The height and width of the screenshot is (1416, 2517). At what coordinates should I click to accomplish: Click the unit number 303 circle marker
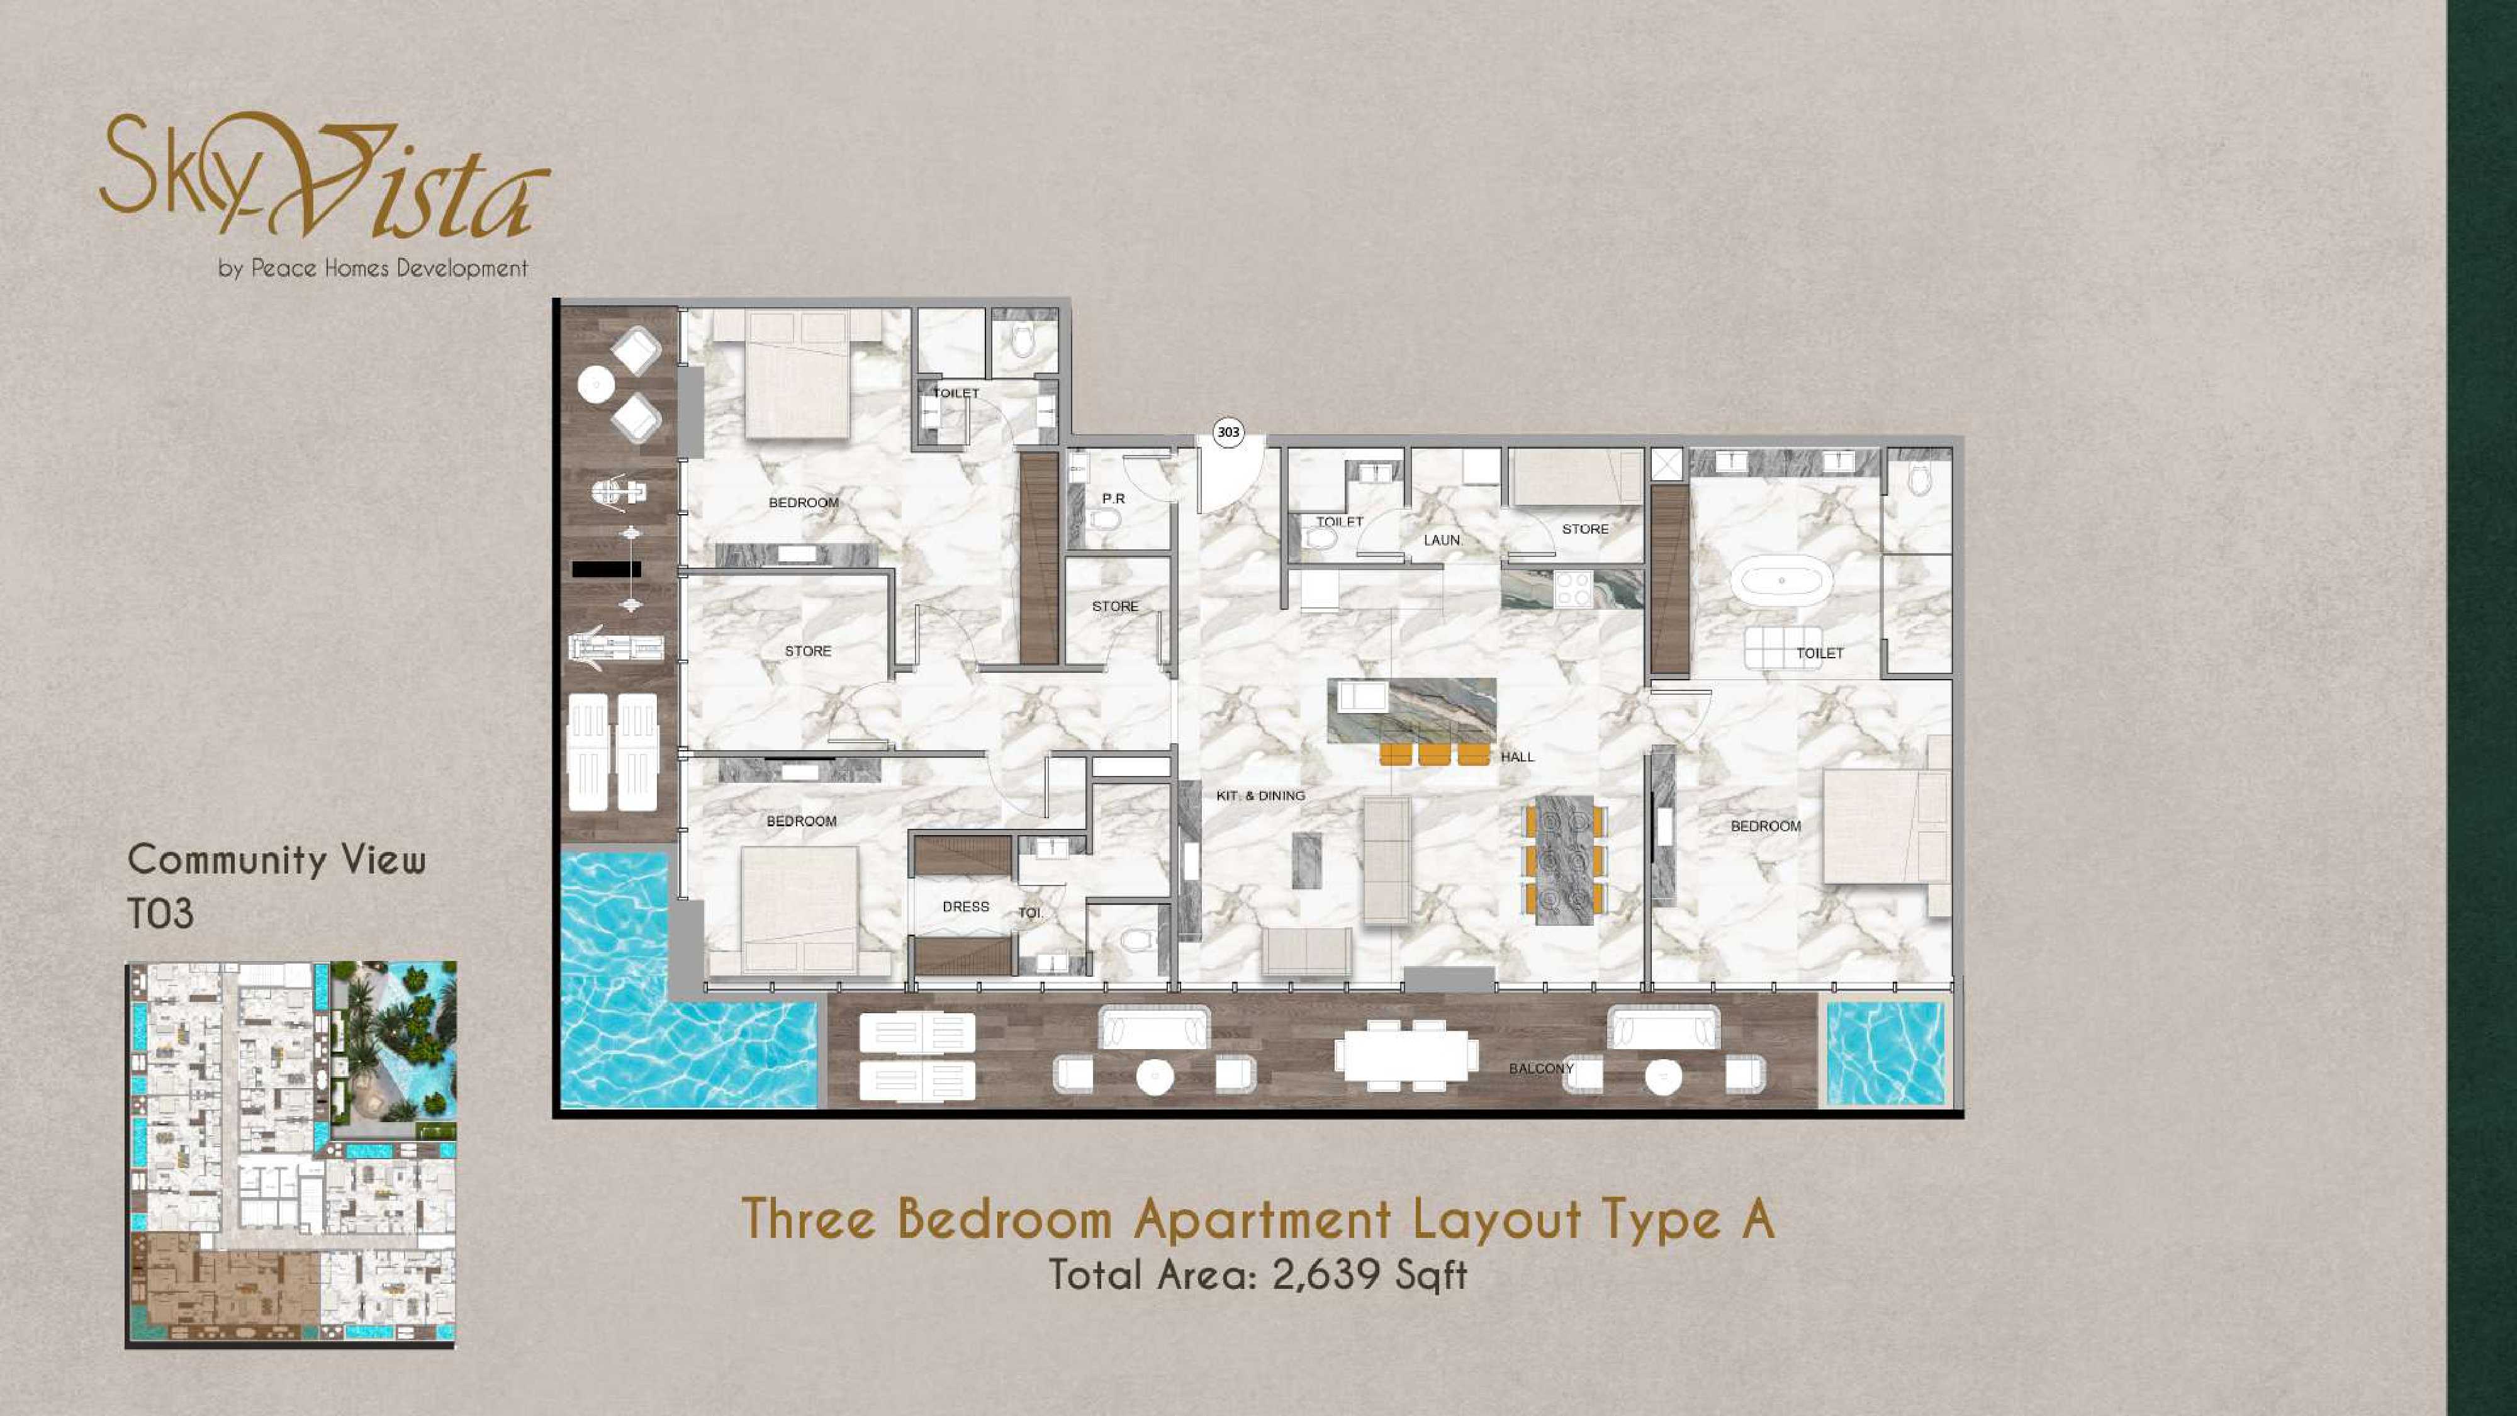(1228, 432)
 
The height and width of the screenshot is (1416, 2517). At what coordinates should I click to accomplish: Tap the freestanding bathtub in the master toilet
(1782, 580)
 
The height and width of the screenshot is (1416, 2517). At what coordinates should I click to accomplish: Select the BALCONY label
(1541, 1068)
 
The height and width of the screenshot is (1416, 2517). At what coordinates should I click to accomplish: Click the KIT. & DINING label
(1260, 795)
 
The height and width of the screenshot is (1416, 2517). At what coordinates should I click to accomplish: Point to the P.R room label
(1114, 498)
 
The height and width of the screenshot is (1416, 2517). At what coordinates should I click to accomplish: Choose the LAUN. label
(1442, 539)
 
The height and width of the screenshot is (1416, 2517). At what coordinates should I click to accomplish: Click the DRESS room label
(965, 907)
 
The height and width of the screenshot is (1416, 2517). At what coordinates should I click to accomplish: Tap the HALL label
(1517, 756)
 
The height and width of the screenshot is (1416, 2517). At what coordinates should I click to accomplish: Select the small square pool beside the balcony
(1886, 1054)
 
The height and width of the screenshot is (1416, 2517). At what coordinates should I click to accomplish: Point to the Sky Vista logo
(325, 176)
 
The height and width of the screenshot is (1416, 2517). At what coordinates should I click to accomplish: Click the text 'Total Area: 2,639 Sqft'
(1257, 1275)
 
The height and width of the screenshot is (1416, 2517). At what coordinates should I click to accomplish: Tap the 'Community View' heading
(276, 860)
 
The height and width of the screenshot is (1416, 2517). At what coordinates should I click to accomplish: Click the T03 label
(160, 914)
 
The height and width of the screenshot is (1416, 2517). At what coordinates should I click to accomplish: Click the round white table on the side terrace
(596, 384)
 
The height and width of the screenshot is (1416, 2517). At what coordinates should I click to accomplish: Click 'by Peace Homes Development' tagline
(373, 267)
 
